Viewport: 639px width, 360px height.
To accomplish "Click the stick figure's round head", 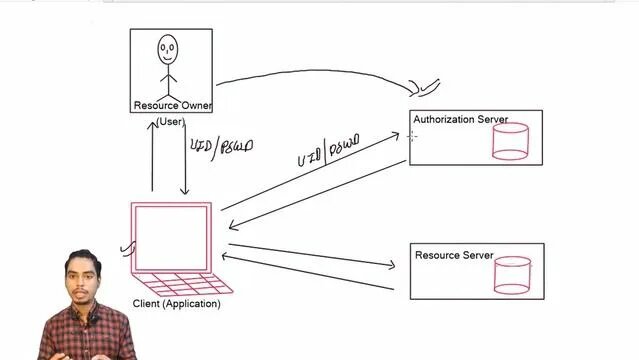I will click(x=167, y=47).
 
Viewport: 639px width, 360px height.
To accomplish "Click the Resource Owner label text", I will click(x=172, y=105).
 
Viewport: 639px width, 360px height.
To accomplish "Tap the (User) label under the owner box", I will click(x=170, y=122).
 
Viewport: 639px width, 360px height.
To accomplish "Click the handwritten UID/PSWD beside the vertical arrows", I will click(x=221, y=146).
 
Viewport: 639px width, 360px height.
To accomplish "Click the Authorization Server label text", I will click(x=460, y=120).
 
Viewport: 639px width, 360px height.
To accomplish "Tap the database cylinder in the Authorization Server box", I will click(x=510, y=142).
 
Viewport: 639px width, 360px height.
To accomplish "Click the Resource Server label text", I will click(x=454, y=256).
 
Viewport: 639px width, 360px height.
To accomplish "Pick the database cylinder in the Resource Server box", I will click(x=512, y=276).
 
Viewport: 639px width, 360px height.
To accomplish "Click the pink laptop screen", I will click(x=171, y=236).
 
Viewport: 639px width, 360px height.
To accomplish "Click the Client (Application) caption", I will click(x=176, y=304).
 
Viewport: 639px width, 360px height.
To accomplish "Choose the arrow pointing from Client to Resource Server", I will click(x=310, y=255).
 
